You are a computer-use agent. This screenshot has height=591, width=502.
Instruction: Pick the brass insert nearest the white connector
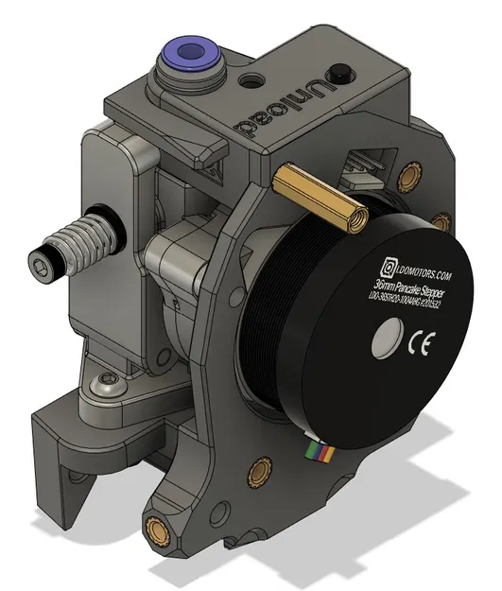point(408,175)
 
